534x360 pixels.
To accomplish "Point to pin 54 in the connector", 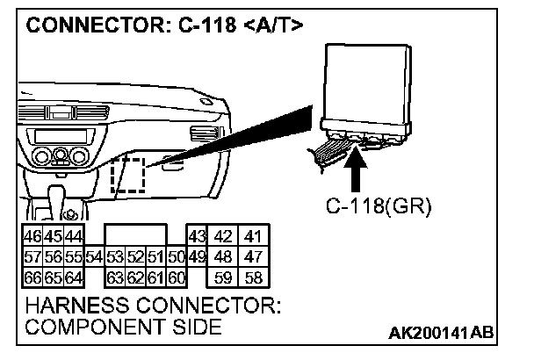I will (x=95, y=257).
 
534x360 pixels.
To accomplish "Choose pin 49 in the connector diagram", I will (x=197, y=257).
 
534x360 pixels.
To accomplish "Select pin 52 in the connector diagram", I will (x=135, y=257).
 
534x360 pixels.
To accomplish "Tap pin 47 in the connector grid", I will (x=254, y=257).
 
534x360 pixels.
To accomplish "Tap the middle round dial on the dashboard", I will (x=61, y=159).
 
